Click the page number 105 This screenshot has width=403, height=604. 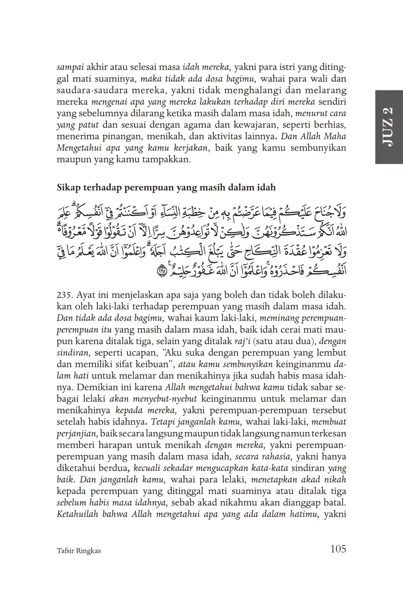(338, 549)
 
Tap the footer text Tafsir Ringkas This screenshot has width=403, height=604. (78, 550)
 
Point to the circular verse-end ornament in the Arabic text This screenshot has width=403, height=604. (162, 270)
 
